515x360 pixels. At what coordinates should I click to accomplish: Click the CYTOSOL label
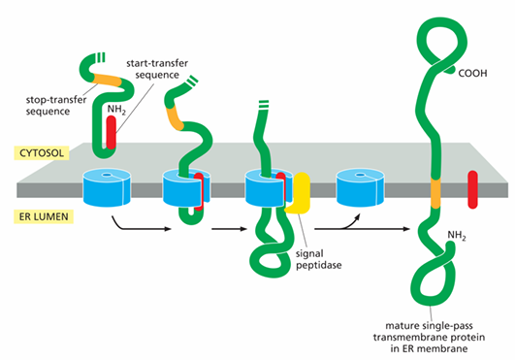coord(42,153)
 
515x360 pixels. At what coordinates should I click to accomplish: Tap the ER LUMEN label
coord(44,216)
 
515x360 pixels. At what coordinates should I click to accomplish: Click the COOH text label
coord(472,73)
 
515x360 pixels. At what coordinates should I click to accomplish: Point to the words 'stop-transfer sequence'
coord(56,106)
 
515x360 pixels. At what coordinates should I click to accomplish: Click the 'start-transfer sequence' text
coord(157,69)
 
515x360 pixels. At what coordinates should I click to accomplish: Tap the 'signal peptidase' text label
coord(318,259)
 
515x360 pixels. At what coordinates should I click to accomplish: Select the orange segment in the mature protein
coord(435,193)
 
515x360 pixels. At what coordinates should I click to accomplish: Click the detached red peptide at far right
coord(472,189)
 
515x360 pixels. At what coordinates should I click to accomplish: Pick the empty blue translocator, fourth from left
coord(360,187)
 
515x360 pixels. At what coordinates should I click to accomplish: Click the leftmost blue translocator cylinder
coord(107,187)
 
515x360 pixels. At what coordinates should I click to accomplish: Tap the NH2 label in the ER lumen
coord(457,235)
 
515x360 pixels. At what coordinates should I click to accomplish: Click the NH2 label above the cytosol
coord(116,110)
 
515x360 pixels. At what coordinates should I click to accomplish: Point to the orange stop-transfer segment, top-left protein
coord(108,81)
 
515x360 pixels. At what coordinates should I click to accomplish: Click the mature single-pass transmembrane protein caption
coord(429,337)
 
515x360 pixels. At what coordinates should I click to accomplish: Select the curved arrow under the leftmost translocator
coord(138,227)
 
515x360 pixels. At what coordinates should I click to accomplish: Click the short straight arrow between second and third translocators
coord(229,229)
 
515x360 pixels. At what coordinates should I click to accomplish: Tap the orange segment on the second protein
coord(175,117)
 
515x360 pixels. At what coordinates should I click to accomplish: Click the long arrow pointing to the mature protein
coord(363,229)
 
